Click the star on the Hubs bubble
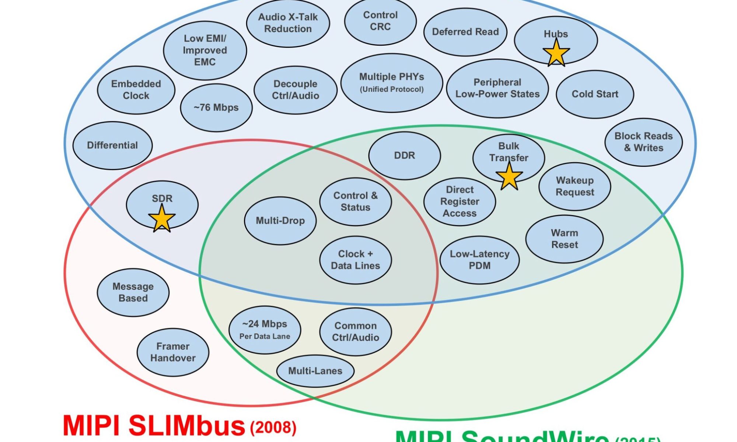[556, 53]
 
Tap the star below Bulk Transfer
[509, 176]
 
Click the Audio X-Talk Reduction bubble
[288, 23]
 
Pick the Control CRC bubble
[380, 21]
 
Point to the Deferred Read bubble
[465, 32]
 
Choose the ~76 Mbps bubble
[216, 108]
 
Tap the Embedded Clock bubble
[136, 90]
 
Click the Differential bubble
[112, 145]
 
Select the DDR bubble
[404, 155]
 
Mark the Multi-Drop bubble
[280, 221]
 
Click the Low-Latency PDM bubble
[479, 260]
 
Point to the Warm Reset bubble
[564, 239]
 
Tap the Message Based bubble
[133, 292]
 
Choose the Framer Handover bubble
[173, 352]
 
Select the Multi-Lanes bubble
[315, 371]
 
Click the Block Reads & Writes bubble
[643, 142]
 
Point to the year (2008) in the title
[273, 427]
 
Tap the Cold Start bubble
[595, 94]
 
